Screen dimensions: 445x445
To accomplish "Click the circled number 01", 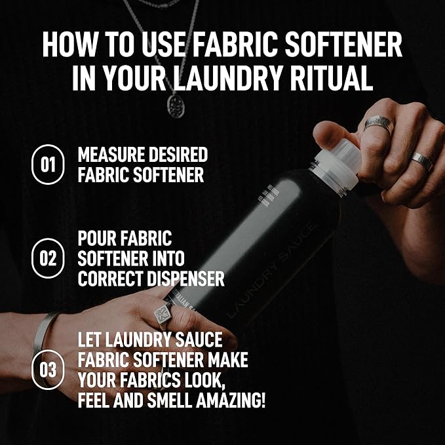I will pos(48,164).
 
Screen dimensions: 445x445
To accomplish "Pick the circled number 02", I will pos(48,258).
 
